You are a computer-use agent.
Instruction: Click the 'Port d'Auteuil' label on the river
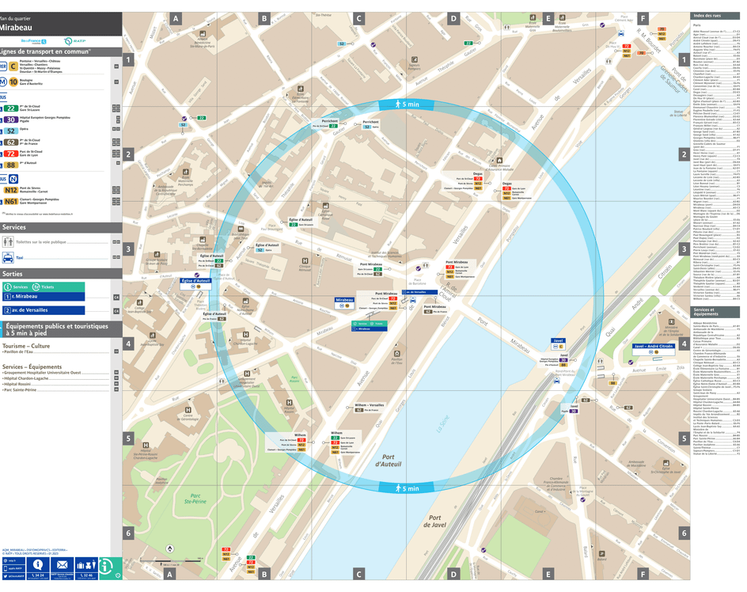pyautogui.click(x=389, y=461)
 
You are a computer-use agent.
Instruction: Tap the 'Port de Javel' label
pyautogui.click(x=436, y=520)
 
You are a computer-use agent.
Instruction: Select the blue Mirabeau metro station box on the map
pyautogui.click(x=344, y=301)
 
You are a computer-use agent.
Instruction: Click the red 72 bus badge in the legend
pyautogui.click(x=10, y=154)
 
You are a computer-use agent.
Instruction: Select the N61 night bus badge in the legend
pyautogui.click(x=10, y=202)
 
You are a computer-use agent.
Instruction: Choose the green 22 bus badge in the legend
pyautogui.click(x=10, y=108)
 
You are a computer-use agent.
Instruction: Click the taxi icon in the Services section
pyautogui.click(x=8, y=257)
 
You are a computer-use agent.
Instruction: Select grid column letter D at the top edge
pyautogui.click(x=453, y=18)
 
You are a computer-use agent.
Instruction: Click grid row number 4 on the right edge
pyautogui.click(x=684, y=344)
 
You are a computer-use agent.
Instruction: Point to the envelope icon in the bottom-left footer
pyautogui.click(x=62, y=565)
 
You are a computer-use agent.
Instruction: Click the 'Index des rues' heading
pyautogui.click(x=707, y=16)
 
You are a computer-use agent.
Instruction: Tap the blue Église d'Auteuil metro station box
pyautogui.click(x=195, y=281)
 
